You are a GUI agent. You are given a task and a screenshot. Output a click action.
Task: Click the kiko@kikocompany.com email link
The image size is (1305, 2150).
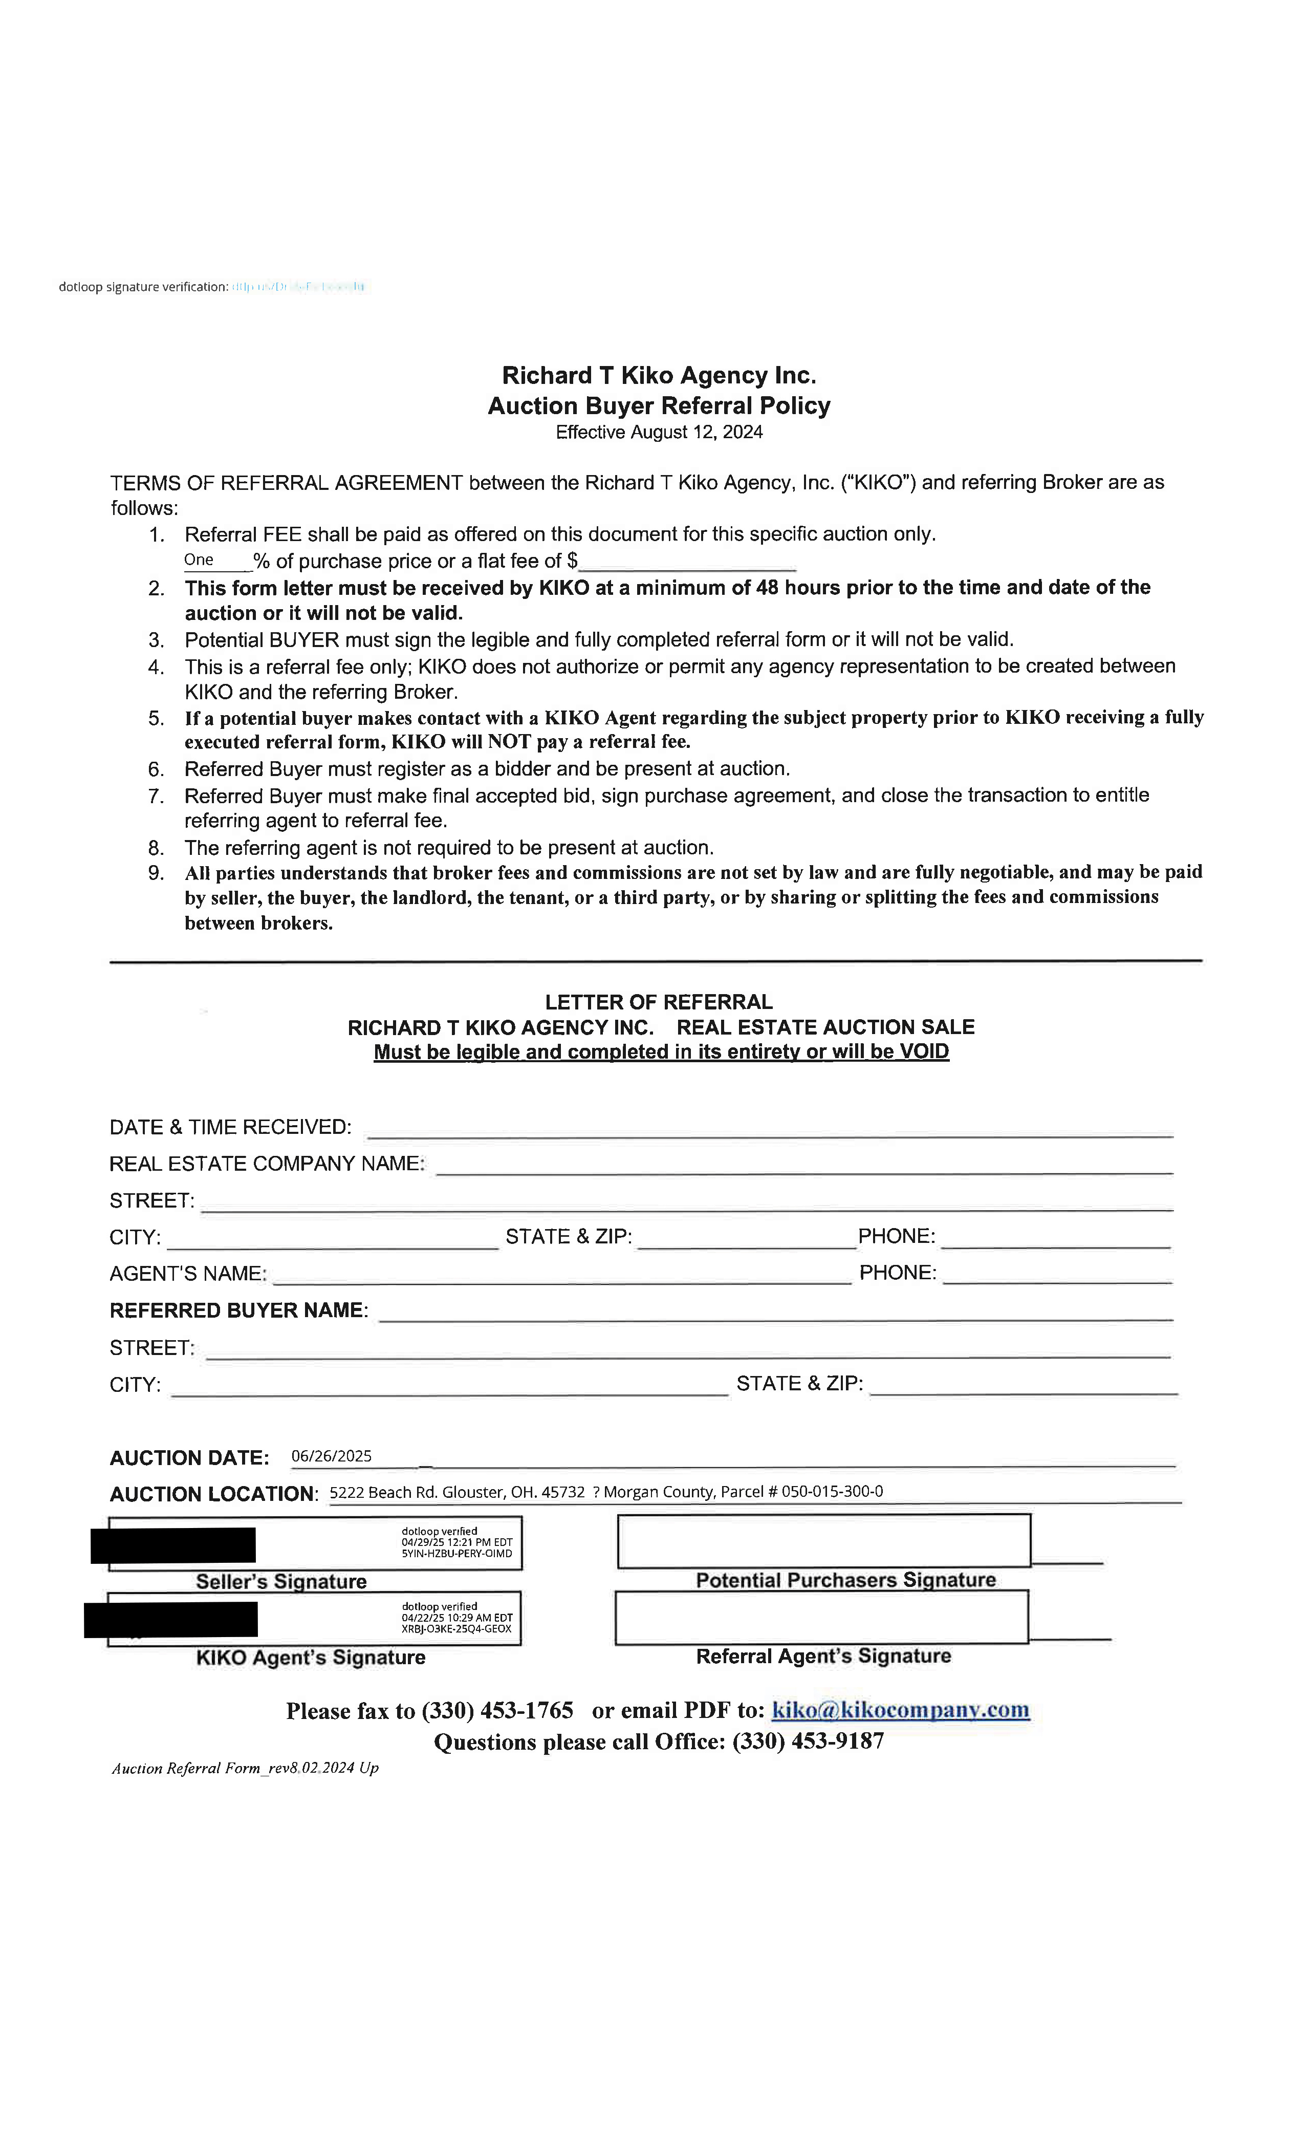900,1709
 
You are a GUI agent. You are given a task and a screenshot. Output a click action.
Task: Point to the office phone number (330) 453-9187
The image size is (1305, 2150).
808,1741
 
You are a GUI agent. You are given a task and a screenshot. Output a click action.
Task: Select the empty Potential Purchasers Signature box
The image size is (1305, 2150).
823,1540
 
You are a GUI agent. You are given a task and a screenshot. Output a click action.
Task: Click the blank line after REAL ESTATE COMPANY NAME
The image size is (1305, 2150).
802,1165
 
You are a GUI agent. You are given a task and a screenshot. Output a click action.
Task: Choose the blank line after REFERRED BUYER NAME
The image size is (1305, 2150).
775,1311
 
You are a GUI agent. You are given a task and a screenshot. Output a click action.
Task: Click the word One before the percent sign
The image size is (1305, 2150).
199,560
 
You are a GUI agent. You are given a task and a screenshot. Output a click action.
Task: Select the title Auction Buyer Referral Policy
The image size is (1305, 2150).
659,406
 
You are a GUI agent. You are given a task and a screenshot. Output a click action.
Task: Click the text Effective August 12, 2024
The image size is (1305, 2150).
659,433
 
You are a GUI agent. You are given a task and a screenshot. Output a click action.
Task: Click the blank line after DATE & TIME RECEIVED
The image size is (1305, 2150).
769,1128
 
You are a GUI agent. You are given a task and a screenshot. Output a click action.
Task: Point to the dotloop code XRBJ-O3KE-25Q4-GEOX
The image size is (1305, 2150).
456,1629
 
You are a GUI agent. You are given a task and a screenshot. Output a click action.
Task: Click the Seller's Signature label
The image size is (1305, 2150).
281,1582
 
